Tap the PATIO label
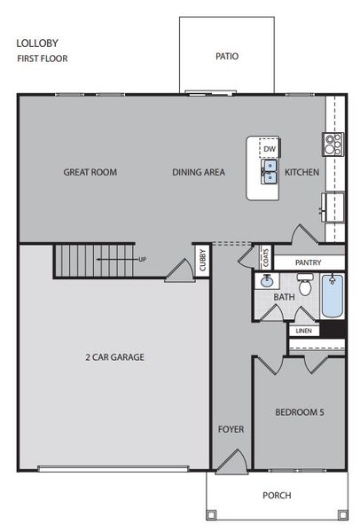[x=227, y=56]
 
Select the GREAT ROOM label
[x=90, y=172]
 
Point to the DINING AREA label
[x=199, y=172]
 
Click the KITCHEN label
[x=301, y=172]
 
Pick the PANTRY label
[x=307, y=262]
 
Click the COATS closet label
[x=265, y=257]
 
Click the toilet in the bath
[x=305, y=286]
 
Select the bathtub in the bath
[x=333, y=296]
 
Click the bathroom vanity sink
[x=265, y=283]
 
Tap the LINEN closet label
[x=303, y=332]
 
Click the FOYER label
[x=231, y=429]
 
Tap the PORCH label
[x=277, y=496]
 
